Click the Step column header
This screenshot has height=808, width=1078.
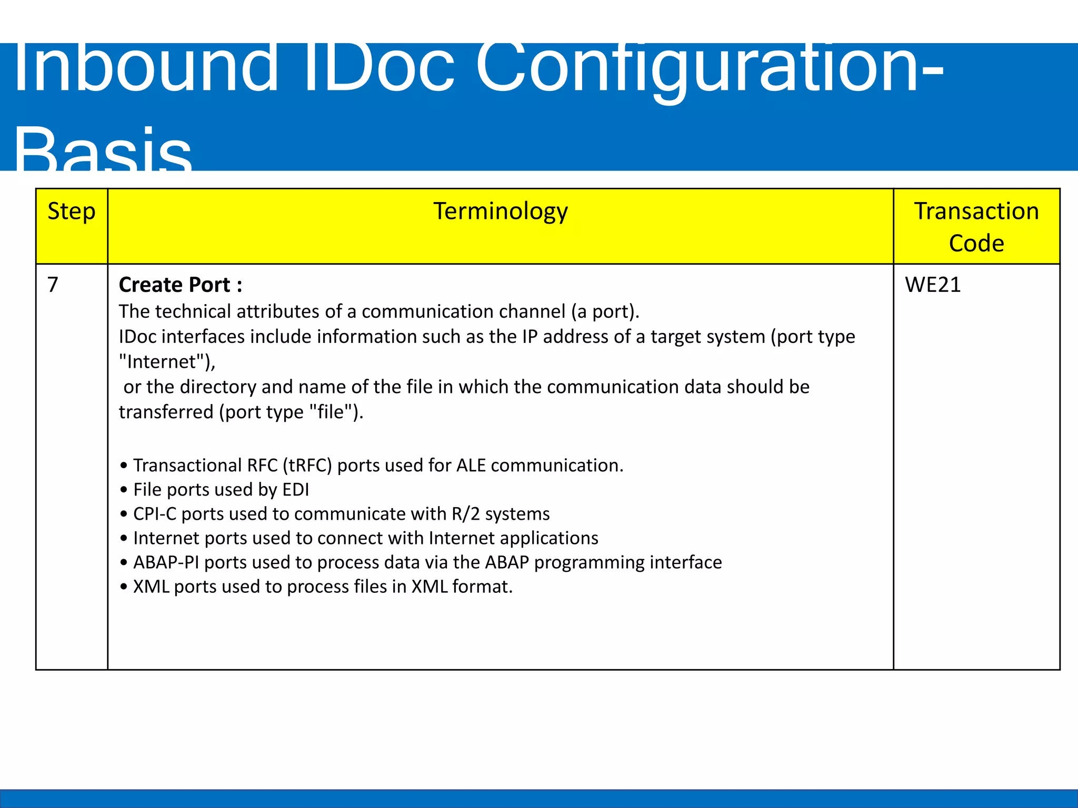(72, 211)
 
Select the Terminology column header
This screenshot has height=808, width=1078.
(500, 211)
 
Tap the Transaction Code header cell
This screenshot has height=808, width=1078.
(976, 227)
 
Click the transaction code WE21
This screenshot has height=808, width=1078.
(933, 285)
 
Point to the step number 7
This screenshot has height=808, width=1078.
(53, 285)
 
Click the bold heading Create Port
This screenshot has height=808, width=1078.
(180, 285)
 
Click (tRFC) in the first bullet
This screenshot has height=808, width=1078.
(307, 466)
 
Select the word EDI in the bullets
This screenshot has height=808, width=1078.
(295, 490)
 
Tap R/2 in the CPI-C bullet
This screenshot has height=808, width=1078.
(466, 514)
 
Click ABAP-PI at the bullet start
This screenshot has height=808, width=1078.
(166, 562)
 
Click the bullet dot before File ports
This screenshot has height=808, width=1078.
(124, 490)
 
